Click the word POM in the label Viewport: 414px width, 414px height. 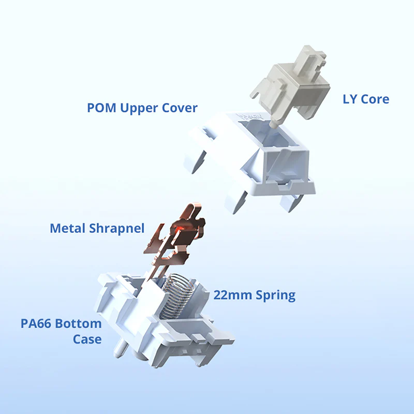pyautogui.click(x=101, y=108)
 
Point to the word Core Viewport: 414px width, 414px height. pyautogui.click(x=375, y=99)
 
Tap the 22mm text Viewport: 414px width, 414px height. pyautogui.click(x=232, y=295)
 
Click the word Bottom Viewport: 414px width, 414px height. pyautogui.click(x=79, y=324)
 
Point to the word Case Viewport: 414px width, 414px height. pyautogui.click(x=87, y=339)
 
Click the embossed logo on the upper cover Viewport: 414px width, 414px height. pyautogui.click(x=250, y=116)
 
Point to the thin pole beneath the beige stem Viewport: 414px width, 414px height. pyautogui.click(x=274, y=124)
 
